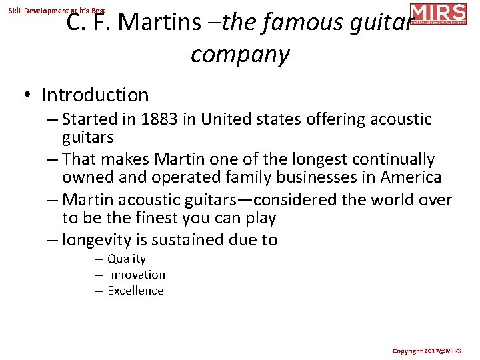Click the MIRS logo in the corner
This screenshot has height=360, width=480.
pos(437,13)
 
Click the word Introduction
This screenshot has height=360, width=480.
pos(95,95)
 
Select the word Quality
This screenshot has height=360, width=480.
pos(126,259)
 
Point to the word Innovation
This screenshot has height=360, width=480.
pos(136,275)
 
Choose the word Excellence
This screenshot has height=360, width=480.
pos(135,291)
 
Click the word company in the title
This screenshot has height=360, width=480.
pos(240,55)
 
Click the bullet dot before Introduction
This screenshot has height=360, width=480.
pos(27,96)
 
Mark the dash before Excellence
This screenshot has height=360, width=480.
pos(98,291)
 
